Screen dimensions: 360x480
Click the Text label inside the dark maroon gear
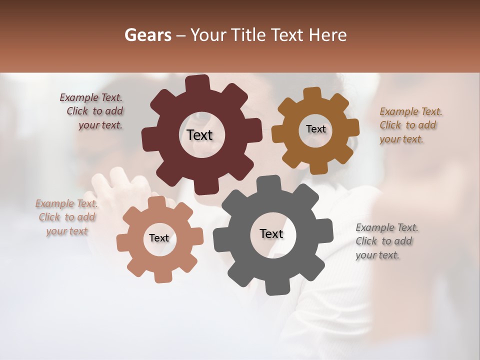click(199, 135)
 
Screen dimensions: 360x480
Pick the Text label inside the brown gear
click(315, 129)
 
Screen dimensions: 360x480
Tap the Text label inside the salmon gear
click(159, 238)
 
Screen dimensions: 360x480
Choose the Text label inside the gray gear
click(271, 233)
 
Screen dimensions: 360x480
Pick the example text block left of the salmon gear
click(66, 217)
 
